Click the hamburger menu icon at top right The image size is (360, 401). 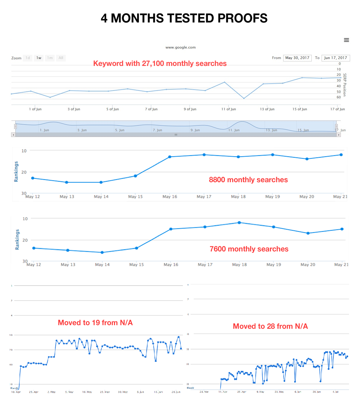point(346,40)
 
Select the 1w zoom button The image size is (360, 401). point(39,58)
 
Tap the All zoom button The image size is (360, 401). point(61,58)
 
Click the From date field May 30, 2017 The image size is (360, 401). point(297,58)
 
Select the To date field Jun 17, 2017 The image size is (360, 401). point(335,58)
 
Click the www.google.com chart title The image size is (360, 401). point(180,47)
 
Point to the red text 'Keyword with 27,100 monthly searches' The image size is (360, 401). point(160,64)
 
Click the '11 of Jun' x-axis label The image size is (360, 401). point(229,109)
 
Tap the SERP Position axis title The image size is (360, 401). point(345,85)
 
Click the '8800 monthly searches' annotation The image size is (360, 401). point(248,180)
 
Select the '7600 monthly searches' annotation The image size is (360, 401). point(249,249)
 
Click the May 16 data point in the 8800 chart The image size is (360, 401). point(170,157)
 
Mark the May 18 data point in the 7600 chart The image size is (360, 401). point(239,223)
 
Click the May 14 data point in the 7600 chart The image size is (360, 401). point(102,252)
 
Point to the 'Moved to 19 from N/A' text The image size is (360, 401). point(95,323)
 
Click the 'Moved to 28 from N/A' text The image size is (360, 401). point(270,326)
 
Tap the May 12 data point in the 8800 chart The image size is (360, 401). point(33,178)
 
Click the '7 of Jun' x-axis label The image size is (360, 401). point(151,109)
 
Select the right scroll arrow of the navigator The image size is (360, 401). point(339,135)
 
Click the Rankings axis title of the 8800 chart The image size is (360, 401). point(16,172)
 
